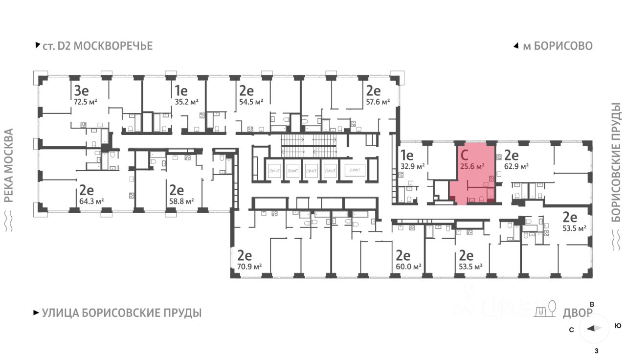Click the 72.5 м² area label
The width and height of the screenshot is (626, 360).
point(85,102)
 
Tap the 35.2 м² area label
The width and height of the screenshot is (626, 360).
point(186,102)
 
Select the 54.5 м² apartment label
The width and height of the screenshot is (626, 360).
point(251,102)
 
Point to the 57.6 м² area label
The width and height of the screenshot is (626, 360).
point(378,102)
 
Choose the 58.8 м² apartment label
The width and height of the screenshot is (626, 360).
point(181,201)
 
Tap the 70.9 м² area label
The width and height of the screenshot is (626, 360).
point(249,267)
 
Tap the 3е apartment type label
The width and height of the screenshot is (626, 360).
point(81,90)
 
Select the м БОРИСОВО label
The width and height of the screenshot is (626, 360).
point(557,46)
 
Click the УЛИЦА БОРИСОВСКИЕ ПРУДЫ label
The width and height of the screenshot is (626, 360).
point(121,313)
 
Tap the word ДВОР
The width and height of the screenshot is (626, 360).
point(578,313)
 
